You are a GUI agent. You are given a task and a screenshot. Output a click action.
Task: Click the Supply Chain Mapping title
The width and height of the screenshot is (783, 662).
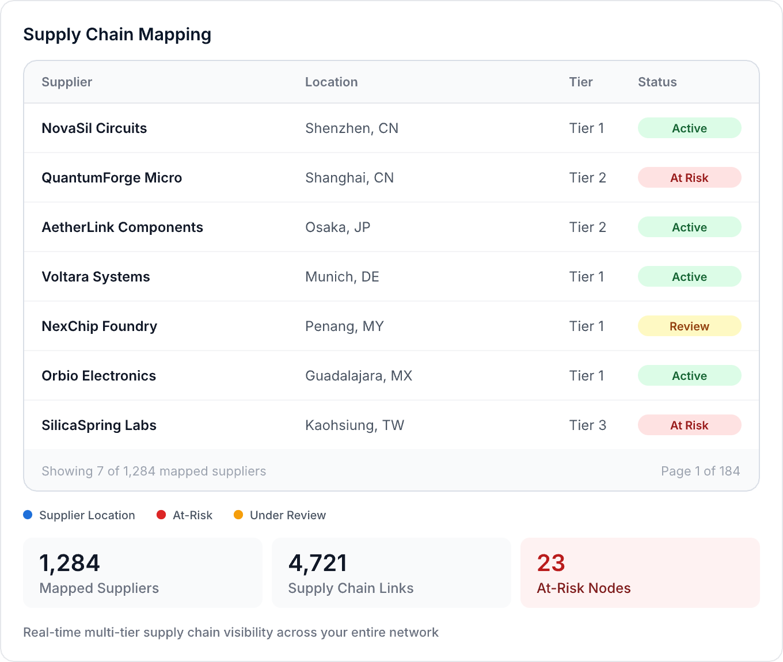tap(117, 35)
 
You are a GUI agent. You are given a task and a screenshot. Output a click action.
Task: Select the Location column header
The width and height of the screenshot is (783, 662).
tap(331, 82)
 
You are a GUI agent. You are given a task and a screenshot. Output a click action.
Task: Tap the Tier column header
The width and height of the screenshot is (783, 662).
tap(580, 82)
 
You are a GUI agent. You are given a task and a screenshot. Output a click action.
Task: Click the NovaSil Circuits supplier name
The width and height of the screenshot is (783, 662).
tap(94, 128)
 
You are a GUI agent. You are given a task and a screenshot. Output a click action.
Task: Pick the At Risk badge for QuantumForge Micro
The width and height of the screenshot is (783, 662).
tap(689, 178)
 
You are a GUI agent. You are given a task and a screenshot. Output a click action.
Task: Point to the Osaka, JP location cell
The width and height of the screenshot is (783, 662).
tap(337, 227)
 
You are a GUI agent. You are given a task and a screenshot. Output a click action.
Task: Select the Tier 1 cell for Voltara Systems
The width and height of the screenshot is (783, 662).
tap(586, 277)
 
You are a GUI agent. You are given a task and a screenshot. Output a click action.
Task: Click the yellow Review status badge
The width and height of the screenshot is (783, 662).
tap(689, 326)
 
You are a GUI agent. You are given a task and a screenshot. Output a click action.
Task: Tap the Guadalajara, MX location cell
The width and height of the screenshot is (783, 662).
tap(358, 376)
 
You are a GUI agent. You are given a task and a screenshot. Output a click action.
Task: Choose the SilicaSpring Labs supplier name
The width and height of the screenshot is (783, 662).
tap(99, 425)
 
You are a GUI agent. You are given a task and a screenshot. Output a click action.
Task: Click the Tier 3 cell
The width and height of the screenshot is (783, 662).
tap(587, 425)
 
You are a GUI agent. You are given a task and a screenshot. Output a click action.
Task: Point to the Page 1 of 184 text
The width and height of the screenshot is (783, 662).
tap(700, 471)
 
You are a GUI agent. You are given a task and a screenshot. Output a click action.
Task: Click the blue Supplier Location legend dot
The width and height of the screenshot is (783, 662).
tap(28, 515)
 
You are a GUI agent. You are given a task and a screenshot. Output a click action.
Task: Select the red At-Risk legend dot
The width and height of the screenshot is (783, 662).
tap(161, 515)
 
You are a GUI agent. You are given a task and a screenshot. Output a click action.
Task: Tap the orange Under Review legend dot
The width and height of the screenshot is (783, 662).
tap(238, 515)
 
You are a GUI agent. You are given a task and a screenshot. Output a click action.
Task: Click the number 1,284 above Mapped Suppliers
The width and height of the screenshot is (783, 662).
tap(70, 563)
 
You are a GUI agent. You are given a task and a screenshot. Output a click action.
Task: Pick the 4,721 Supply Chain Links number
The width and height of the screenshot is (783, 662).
tap(318, 563)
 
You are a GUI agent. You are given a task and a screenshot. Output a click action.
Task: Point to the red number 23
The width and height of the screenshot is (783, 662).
tap(551, 563)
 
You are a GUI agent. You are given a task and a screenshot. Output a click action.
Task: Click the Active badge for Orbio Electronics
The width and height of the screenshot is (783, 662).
tap(689, 376)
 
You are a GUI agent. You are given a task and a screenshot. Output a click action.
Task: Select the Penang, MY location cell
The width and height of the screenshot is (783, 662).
tap(344, 326)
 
